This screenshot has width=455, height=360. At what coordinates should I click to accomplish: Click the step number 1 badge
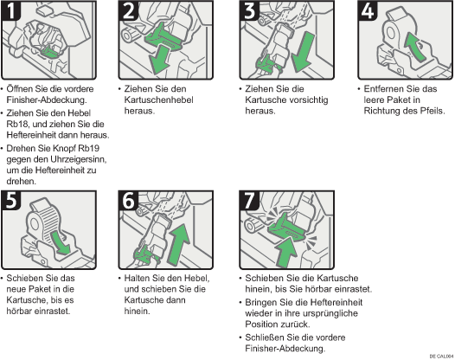[11, 10]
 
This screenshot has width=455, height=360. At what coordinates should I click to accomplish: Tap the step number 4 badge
[368, 10]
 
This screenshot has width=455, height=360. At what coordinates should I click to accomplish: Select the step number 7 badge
[249, 200]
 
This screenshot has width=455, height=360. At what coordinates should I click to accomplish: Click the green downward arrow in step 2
[159, 60]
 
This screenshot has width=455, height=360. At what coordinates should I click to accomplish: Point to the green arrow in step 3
[303, 52]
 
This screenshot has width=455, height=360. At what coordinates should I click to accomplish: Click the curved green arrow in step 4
[414, 47]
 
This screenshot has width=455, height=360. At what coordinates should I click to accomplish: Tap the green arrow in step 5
[61, 242]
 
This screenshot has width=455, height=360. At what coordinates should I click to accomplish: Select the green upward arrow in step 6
[179, 244]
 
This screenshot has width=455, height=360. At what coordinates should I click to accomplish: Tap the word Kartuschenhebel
[158, 100]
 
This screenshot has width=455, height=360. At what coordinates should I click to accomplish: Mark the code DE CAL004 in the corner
[441, 356]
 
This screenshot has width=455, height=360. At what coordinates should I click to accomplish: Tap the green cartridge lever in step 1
[50, 52]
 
